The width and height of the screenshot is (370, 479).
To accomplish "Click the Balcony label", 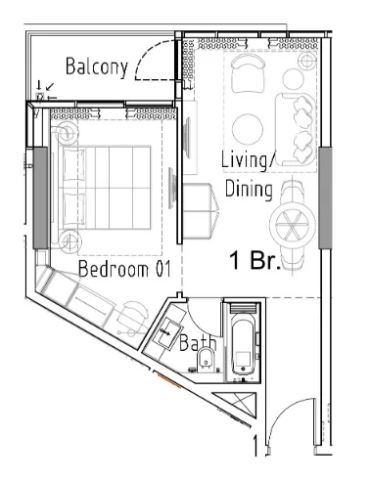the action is point(97,67).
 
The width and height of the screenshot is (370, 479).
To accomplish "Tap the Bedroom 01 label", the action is point(124,269).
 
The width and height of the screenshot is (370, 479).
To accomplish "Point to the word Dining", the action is point(249,189).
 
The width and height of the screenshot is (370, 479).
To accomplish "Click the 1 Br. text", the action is point(255,260).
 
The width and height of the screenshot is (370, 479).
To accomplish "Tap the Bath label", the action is point(198,342).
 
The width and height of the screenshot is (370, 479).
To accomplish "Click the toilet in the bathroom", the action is point(207,359).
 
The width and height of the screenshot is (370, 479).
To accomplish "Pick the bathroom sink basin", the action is point(168,332).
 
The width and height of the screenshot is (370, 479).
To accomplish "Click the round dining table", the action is point(293,224).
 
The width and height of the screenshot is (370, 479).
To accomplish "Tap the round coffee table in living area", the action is point(248,129).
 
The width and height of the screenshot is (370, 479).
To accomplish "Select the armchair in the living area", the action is point(248,73).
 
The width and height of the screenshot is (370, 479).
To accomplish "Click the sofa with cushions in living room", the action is point(296,129).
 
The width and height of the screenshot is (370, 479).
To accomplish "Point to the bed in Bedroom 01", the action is point(105,188).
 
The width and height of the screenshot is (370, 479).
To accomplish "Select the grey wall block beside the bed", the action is point(41,197).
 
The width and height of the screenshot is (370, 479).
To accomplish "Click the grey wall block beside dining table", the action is point(325,197).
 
